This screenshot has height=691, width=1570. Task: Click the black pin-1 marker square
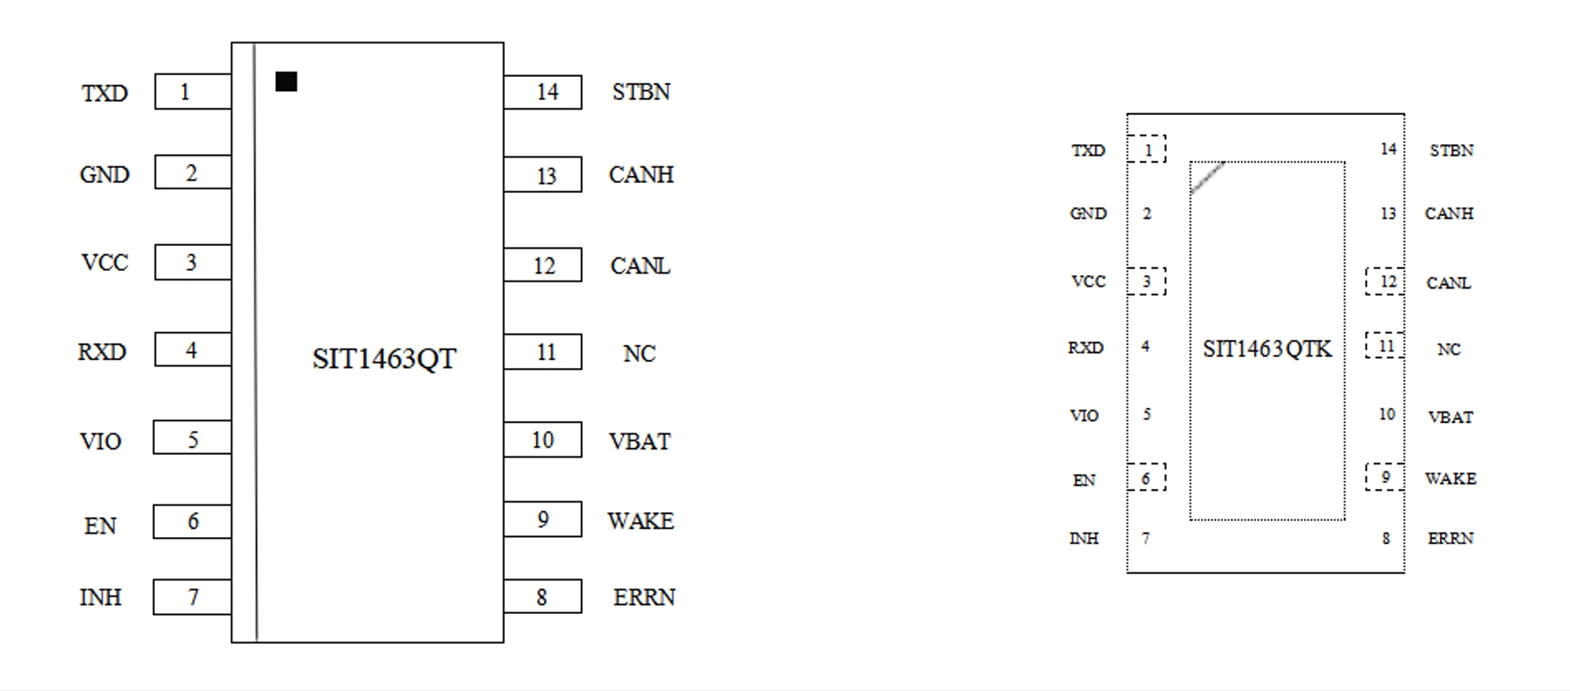click(286, 81)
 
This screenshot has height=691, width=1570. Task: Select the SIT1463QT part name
click(384, 358)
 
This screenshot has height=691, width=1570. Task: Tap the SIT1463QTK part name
click(1267, 349)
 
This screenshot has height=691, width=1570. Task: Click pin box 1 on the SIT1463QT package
click(192, 92)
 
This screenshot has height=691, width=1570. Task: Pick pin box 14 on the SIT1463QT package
click(543, 92)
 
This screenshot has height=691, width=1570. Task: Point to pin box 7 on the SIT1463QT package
click(192, 597)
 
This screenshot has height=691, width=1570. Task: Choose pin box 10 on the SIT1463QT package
click(543, 440)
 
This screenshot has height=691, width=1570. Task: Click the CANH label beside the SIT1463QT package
click(641, 174)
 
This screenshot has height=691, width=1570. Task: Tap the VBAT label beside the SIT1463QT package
click(639, 441)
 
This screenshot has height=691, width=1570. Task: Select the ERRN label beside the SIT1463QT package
click(644, 597)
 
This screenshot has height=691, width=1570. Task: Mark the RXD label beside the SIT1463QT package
click(102, 352)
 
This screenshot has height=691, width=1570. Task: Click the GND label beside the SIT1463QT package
click(104, 174)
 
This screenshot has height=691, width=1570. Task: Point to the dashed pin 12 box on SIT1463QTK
click(1385, 281)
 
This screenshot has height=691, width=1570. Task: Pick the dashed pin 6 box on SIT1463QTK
click(1146, 478)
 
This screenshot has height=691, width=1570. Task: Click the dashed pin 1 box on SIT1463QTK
click(1147, 149)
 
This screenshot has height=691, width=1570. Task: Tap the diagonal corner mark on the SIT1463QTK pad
click(1207, 177)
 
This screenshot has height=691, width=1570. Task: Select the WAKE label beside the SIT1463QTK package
click(1451, 478)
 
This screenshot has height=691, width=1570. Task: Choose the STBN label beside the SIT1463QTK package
click(1451, 150)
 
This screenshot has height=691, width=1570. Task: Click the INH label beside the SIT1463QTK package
click(1084, 538)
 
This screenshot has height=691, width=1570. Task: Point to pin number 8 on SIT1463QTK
click(1386, 538)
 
